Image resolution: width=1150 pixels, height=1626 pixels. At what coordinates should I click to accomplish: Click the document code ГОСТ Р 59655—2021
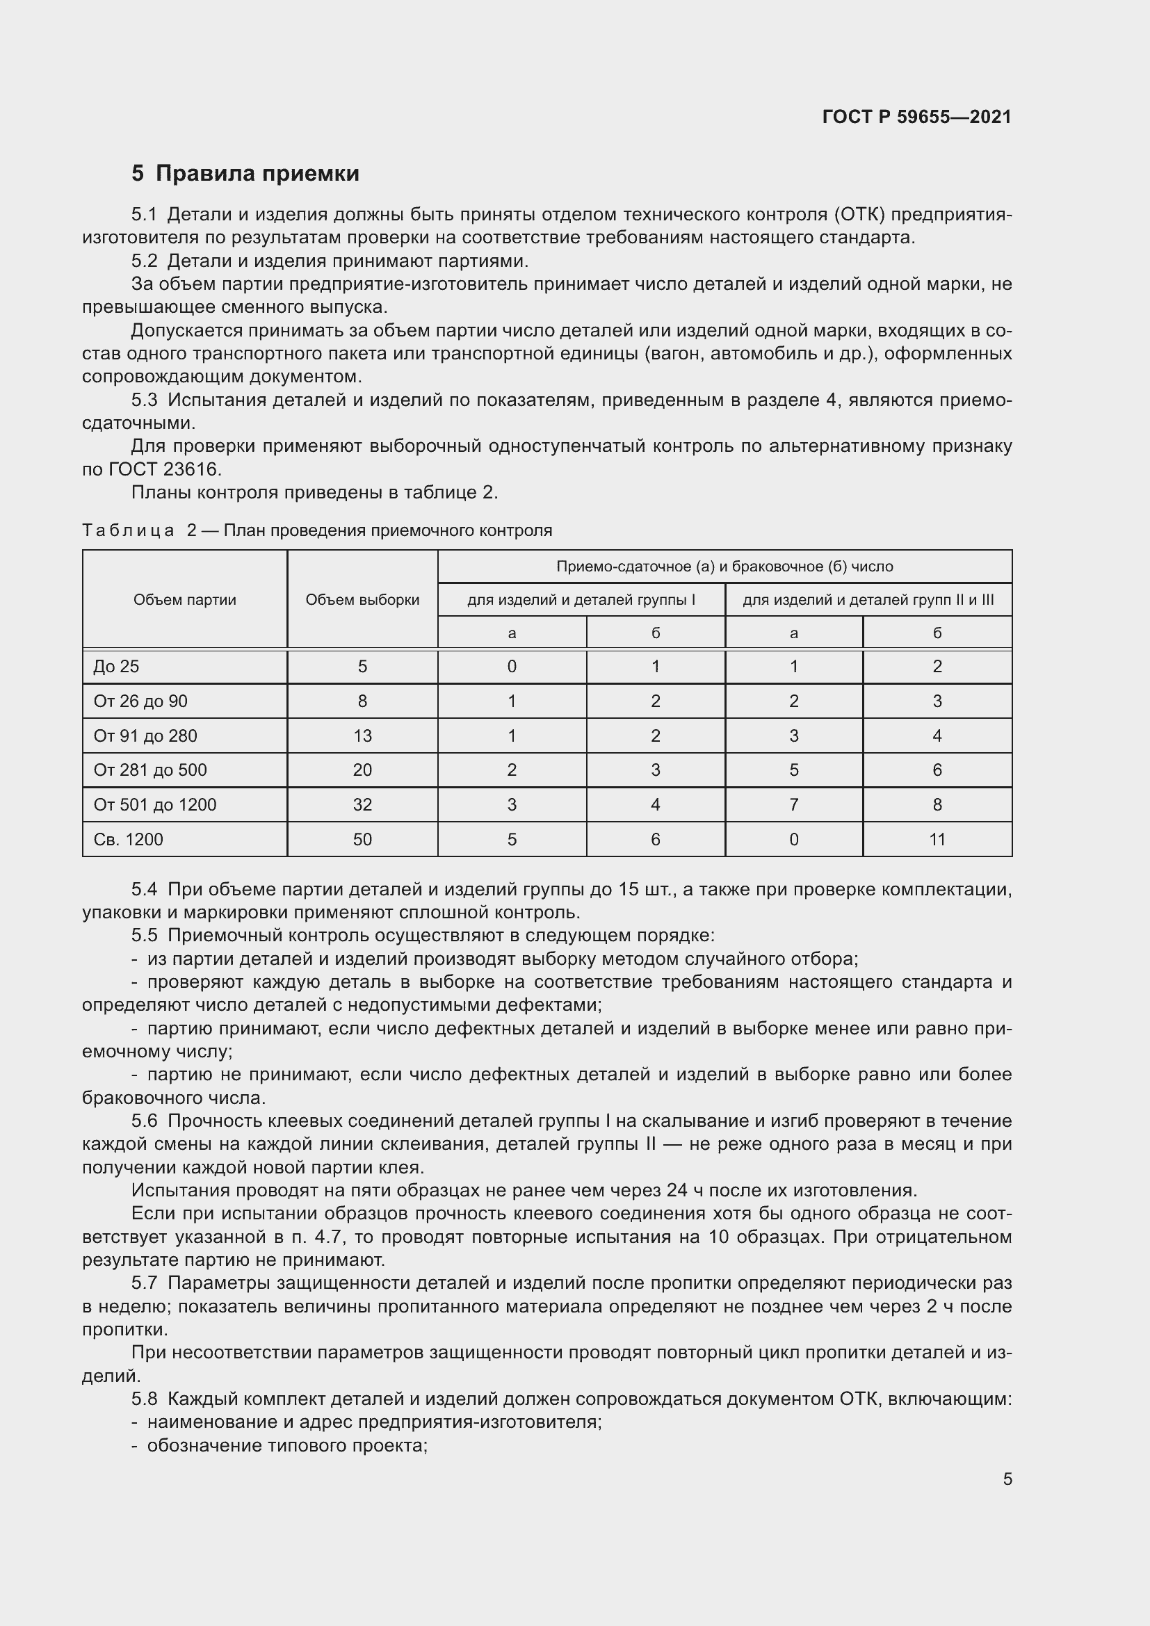pyautogui.click(x=917, y=117)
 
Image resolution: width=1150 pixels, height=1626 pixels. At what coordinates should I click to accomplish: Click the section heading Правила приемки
pyautogui.click(x=257, y=174)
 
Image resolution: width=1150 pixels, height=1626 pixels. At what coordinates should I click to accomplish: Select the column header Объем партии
pyautogui.click(x=185, y=600)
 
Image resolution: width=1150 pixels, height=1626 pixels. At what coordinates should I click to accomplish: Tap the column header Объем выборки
pyautogui.click(x=362, y=600)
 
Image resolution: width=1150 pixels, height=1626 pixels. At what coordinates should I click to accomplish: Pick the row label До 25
pyautogui.click(x=116, y=667)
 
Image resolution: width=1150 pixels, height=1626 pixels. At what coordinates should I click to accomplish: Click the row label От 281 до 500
pyautogui.click(x=150, y=770)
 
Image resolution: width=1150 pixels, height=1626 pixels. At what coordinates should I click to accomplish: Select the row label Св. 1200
pyautogui.click(x=128, y=839)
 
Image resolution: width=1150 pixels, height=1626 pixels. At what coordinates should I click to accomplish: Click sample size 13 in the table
pyautogui.click(x=362, y=735)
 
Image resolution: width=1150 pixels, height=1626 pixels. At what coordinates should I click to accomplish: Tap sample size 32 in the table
pyautogui.click(x=362, y=804)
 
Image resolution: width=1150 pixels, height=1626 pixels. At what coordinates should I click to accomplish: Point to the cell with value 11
pyautogui.click(x=937, y=839)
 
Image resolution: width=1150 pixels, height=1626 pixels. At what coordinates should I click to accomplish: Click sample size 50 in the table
pyautogui.click(x=362, y=839)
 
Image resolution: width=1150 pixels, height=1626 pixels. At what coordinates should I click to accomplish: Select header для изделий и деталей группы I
pyautogui.click(x=581, y=600)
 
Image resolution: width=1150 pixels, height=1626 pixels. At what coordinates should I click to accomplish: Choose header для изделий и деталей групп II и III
pyautogui.click(x=868, y=600)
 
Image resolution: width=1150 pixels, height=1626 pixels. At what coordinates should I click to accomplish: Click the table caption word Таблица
pyautogui.click(x=128, y=530)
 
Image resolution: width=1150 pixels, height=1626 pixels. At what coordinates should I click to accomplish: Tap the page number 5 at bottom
pyautogui.click(x=1007, y=1479)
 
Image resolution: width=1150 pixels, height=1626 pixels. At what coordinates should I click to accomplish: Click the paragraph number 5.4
pyautogui.click(x=145, y=890)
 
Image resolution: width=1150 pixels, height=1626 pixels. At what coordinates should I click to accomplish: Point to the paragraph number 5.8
pyautogui.click(x=145, y=1399)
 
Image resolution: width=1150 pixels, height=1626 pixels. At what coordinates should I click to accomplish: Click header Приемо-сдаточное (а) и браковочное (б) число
pyautogui.click(x=724, y=567)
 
